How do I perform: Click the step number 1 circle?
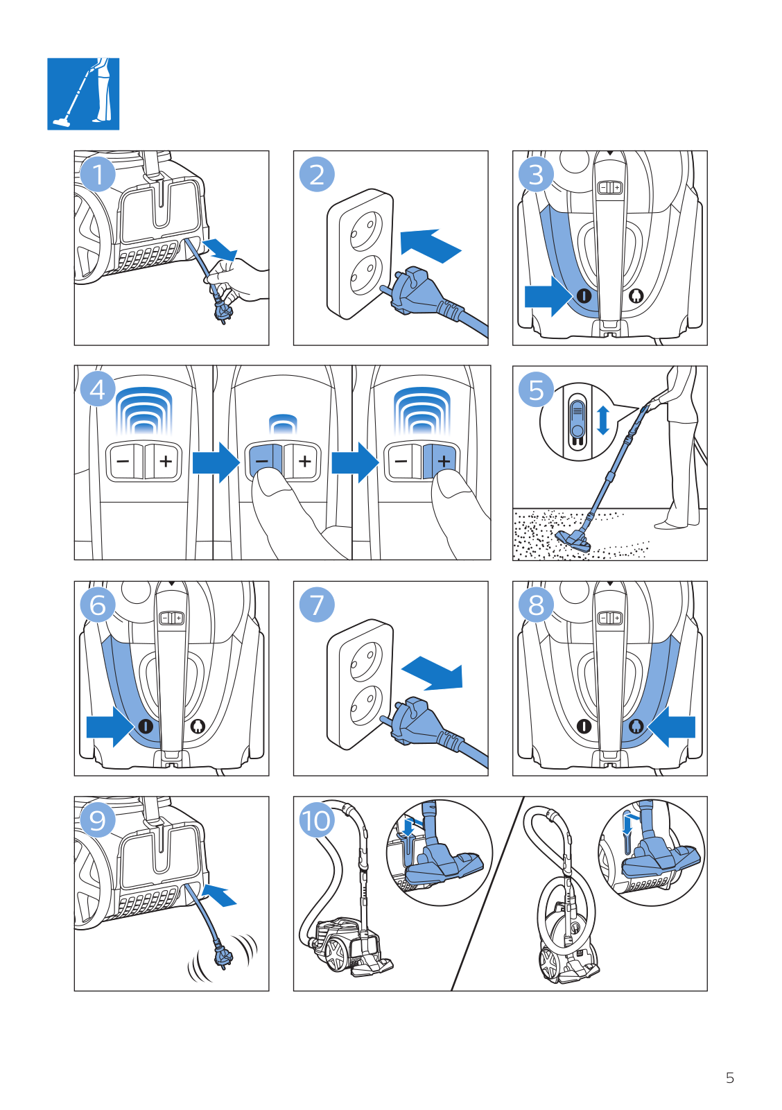pos(98,174)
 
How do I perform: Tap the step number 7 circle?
pos(317,605)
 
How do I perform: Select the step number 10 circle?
pos(316,821)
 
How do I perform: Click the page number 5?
pos(729,1078)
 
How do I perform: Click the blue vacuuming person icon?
pos(83,94)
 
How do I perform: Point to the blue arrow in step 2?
pos(430,245)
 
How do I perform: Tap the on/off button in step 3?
pos(584,296)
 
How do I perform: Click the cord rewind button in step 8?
pos(636,726)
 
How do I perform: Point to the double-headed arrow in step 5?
pos(603,420)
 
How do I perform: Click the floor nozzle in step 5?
pos(573,540)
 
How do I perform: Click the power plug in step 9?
pos(224,959)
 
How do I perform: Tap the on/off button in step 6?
pos(146,727)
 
